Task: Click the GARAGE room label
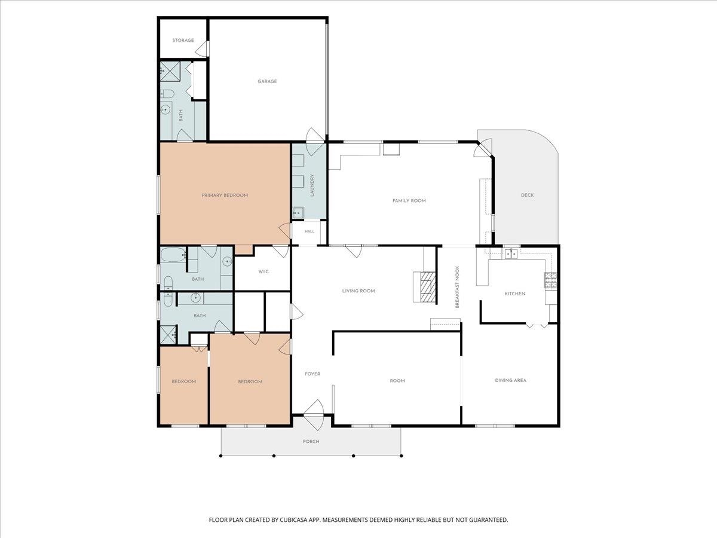(x=267, y=81)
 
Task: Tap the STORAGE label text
(x=183, y=40)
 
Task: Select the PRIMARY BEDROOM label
(x=225, y=195)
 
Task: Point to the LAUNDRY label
(x=312, y=185)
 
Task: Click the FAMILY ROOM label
(x=409, y=201)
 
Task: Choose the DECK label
(x=527, y=195)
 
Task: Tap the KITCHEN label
(x=515, y=294)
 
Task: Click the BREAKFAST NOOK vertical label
(x=457, y=287)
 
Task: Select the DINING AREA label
(x=510, y=380)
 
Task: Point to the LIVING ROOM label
(x=358, y=291)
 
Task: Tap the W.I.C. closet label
(x=264, y=271)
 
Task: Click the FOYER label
(x=312, y=374)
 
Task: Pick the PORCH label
(x=311, y=441)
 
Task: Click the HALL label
(x=310, y=231)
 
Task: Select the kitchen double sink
(x=511, y=253)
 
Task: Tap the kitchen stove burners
(x=550, y=280)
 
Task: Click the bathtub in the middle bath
(x=173, y=255)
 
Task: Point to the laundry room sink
(x=298, y=213)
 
